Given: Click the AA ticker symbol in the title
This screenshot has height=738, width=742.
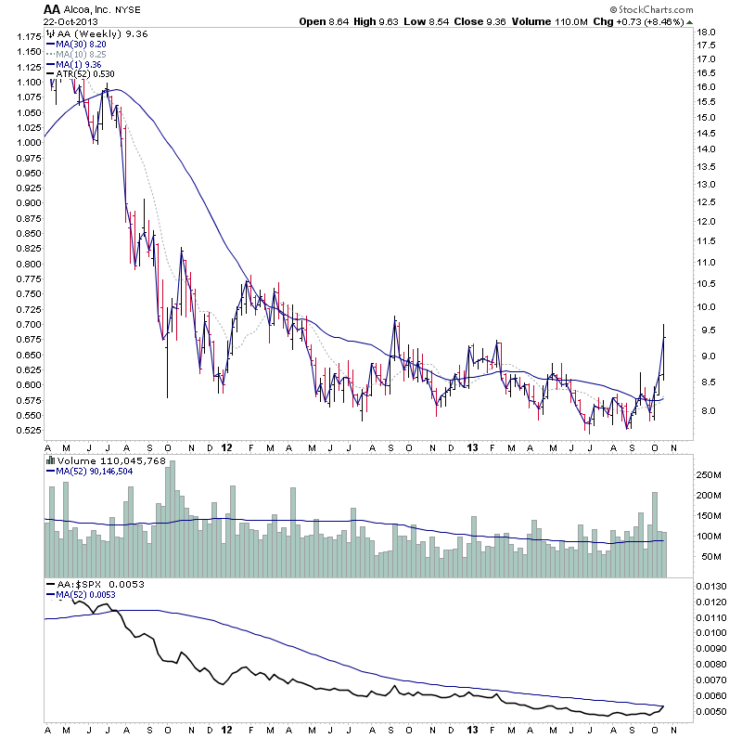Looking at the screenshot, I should [x=52, y=8].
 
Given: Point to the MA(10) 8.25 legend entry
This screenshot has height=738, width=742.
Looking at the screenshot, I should [x=79, y=54].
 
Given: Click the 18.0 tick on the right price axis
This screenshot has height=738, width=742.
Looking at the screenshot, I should [x=707, y=32].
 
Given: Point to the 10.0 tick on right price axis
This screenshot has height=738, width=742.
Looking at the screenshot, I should [x=707, y=307].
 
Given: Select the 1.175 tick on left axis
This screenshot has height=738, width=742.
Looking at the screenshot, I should [x=27, y=37].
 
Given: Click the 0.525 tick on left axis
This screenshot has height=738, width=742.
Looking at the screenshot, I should [x=27, y=430].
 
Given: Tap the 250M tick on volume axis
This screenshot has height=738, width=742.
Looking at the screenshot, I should [x=710, y=475].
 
